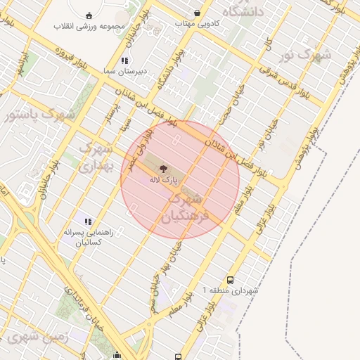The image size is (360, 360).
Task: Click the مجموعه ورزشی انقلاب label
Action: pyautogui.click(x=89, y=27)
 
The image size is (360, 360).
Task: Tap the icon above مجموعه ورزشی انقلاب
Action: pyautogui.click(x=89, y=15)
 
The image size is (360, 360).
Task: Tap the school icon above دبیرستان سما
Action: pyautogui.click(x=124, y=60)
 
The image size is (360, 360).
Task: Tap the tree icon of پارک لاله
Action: pyautogui.click(x=163, y=169)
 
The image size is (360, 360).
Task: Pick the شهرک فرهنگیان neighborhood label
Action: pyautogui.click(x=186, y=209)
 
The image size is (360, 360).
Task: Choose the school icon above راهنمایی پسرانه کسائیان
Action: pyautogui.click(x=88, y=222)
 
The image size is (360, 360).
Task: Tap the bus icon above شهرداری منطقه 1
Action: pyautogui.click(x=231, y=279)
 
